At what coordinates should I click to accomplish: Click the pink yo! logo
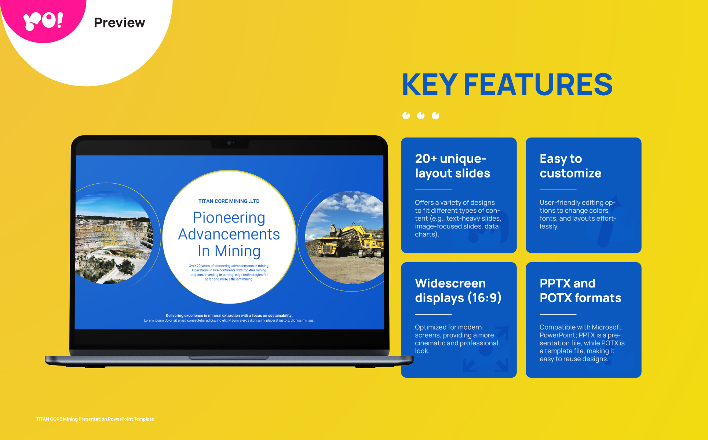coord(43,21)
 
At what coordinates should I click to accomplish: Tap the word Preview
coord(120,23)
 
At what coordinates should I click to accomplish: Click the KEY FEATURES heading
coord(507,84)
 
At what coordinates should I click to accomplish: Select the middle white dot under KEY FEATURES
coord(421,115)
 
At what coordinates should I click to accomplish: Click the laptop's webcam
coord(229,143)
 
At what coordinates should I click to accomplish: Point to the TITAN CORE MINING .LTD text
coord(229,201)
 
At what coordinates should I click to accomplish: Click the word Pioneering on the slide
coord(229,217)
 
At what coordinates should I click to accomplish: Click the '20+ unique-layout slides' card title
coord(452,166)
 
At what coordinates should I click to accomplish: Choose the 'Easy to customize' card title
coord(570,166)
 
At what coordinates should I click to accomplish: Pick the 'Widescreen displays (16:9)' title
coord(458,290)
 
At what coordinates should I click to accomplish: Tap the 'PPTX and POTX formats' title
coord(580,290)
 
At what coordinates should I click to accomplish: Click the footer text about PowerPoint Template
coord(95,419)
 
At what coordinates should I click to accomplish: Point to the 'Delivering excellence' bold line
coord(229,315)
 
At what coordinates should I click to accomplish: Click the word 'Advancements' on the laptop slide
coord(229,234)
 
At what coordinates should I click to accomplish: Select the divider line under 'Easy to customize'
coord(558,190)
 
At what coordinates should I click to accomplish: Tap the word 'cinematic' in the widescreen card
coord(430,343)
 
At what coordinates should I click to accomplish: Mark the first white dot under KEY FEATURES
coord(406,115)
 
